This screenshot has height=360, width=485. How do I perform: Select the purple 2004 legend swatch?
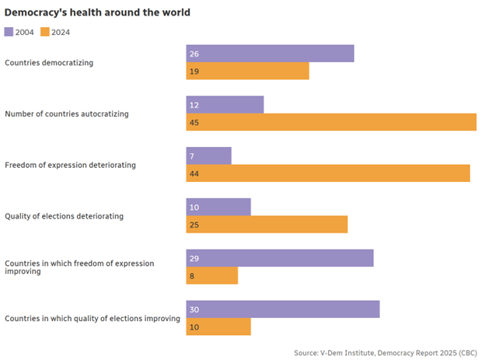pos(9,32)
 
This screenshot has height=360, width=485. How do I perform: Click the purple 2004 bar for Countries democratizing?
pos(270,54)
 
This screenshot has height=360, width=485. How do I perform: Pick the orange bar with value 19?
pos(247,71)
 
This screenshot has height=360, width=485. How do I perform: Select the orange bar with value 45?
pos(331,122)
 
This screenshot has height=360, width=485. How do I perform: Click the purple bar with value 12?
pos(225,105)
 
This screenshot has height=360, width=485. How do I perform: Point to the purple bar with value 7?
pos(208,156)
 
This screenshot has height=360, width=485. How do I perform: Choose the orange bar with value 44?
pos(328,173)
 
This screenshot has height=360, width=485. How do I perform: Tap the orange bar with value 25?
pos(267,225)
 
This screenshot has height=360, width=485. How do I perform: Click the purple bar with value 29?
pos(280,258)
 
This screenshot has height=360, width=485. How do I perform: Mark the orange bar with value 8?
pos(211,275)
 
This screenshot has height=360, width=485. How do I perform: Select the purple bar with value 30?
pos(283,309)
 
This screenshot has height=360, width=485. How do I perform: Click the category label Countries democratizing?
pos(49,62)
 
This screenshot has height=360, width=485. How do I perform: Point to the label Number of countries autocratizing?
pos(67,114)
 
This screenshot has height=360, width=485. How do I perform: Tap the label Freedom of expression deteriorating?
pos(71,165)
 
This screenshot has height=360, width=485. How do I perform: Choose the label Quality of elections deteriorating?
pos(65,216)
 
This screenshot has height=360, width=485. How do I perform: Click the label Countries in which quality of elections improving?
pos(92,318)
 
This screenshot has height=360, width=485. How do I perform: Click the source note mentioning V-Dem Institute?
pos(386,353)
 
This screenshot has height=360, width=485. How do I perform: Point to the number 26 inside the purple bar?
pos(194,54)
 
